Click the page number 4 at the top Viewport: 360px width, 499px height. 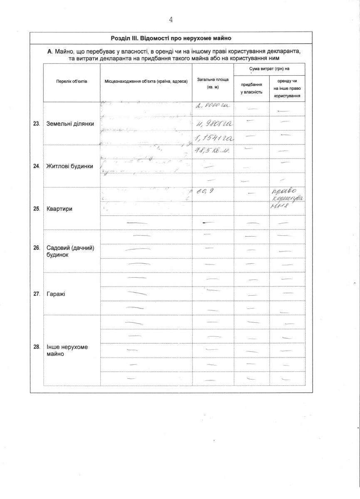171,20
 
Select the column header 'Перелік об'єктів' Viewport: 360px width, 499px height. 72,82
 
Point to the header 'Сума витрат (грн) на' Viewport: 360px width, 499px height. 269,69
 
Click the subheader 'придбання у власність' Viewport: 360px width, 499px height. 251,88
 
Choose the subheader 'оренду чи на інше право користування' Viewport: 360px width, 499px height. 287,88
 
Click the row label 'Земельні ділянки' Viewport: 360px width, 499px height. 70,124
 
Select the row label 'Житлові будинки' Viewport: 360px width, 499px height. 70,166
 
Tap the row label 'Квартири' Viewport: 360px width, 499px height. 60,209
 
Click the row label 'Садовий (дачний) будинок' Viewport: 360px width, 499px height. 70,251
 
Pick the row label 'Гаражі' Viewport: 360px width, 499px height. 56,294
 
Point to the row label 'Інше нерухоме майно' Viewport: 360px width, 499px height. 67,350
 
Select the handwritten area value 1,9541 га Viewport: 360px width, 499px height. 213,138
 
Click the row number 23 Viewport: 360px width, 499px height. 37,124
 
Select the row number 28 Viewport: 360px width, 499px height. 37,346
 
